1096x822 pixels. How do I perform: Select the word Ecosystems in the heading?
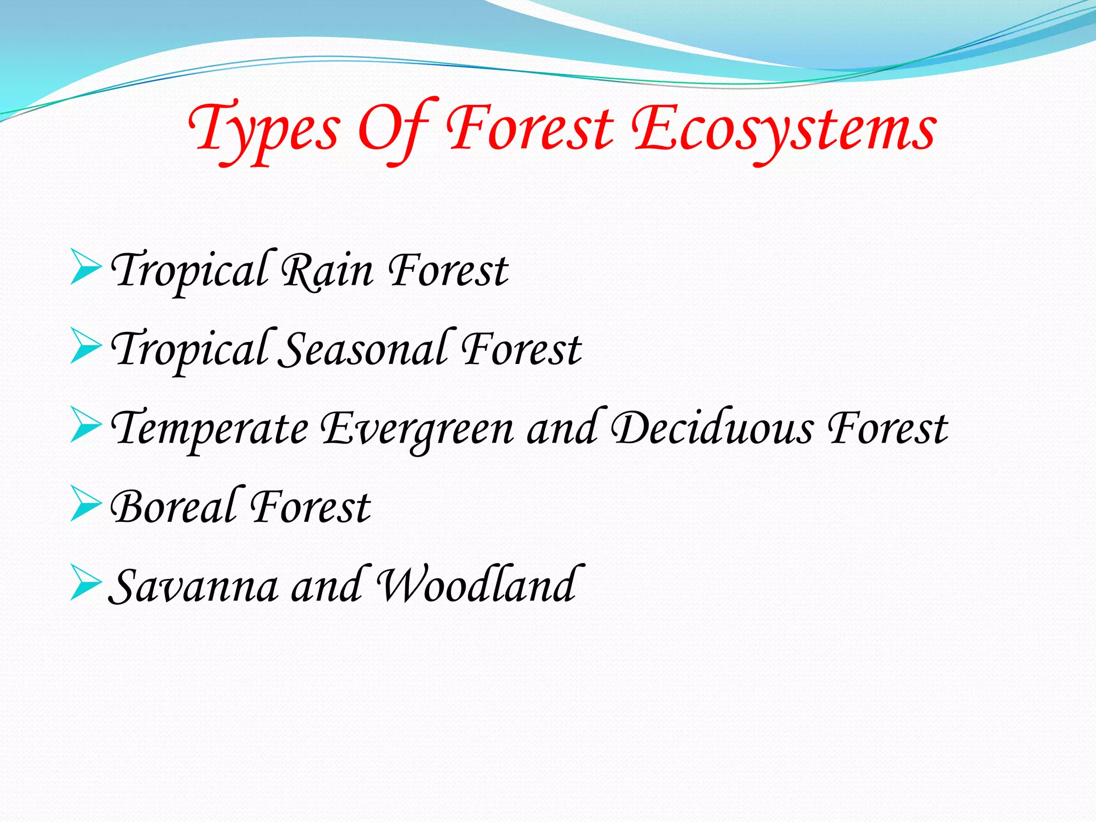(x=783, y=131)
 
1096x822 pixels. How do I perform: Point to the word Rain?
(x=327, y=271)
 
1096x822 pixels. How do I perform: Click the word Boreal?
(x=173, y=507)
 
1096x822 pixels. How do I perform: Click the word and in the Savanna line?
(x=326, y=585)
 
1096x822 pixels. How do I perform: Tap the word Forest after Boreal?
(x=310, y=507)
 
